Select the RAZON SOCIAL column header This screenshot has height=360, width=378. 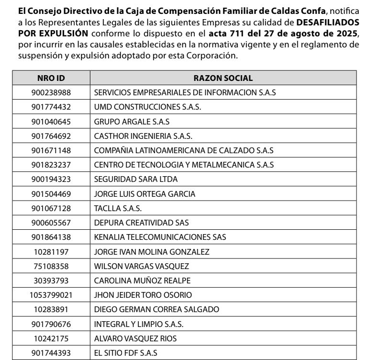pos(223,78)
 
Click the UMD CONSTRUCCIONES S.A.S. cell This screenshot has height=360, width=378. pos(148,107)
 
